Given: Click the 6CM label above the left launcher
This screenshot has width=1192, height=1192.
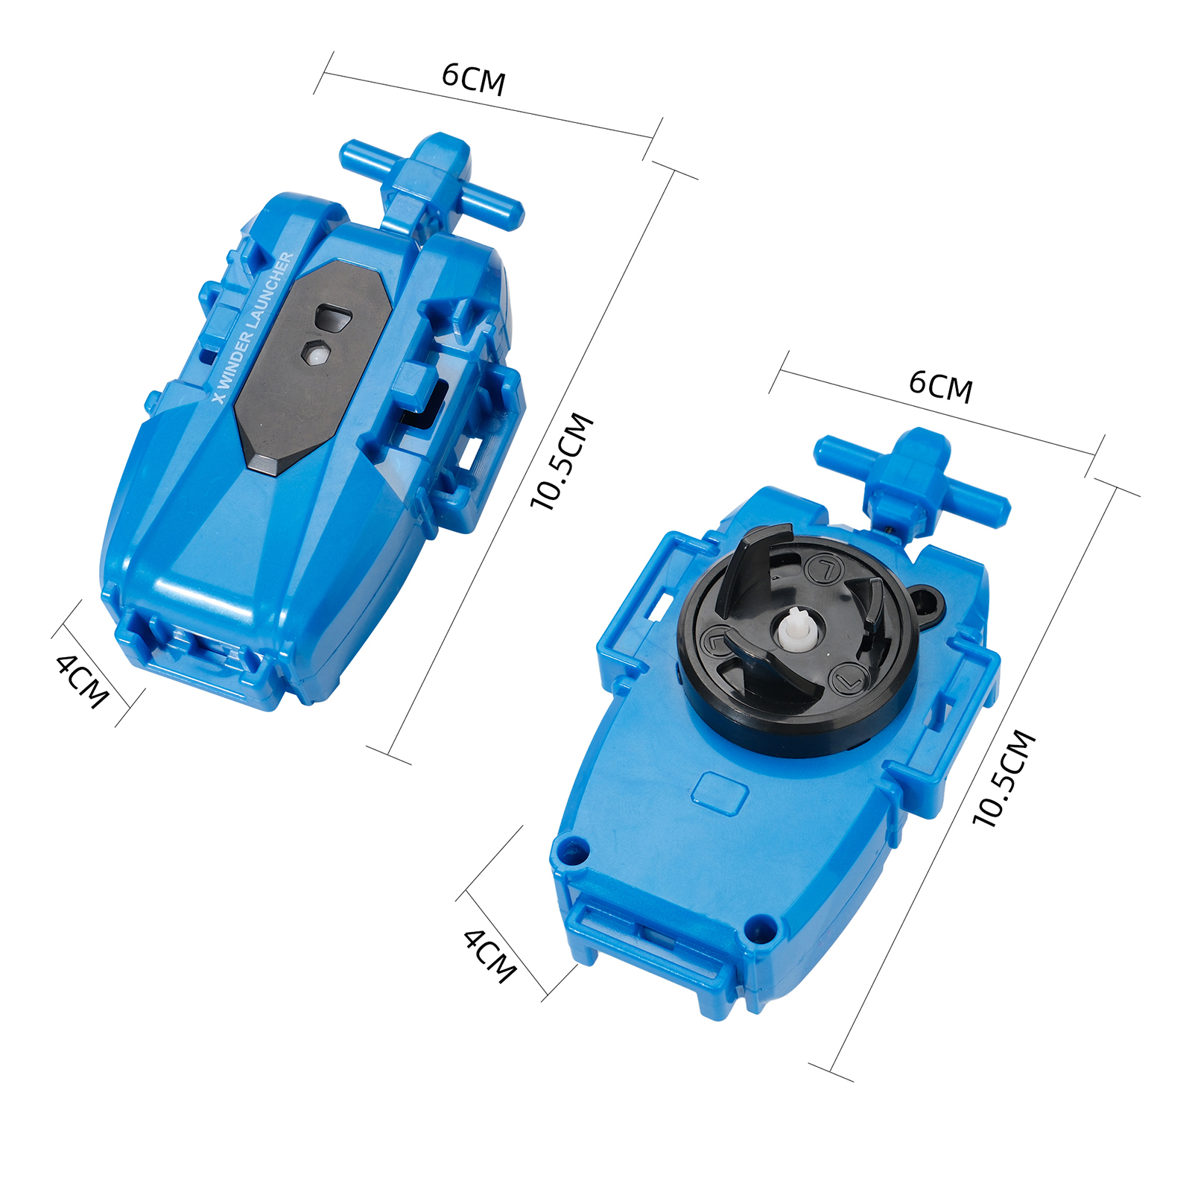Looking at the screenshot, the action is [474, 79].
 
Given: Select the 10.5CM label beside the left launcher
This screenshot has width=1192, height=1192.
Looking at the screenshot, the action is [562, 462].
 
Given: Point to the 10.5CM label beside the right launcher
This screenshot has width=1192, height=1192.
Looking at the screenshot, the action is [1005, 779].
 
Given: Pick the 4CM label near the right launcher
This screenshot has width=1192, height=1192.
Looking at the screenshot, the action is [489, 956].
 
